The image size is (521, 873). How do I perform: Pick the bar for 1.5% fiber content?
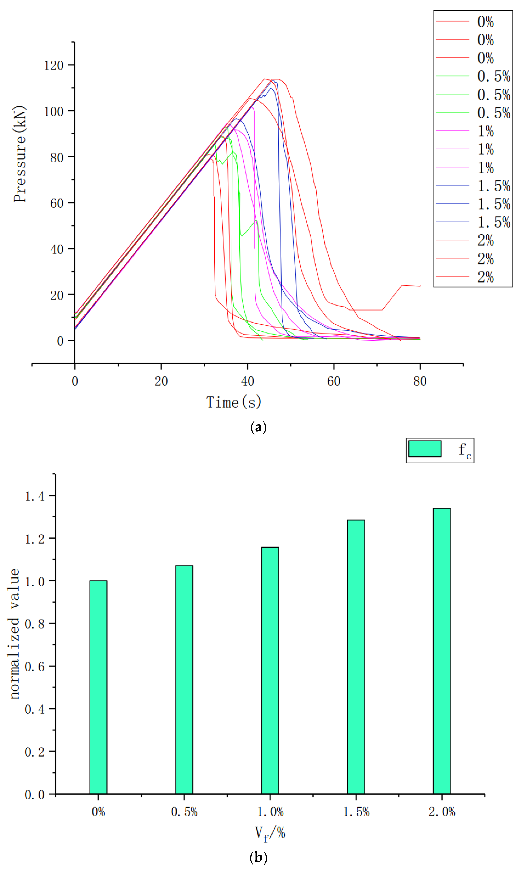[356, 657]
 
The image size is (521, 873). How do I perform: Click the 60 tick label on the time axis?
[333, 381]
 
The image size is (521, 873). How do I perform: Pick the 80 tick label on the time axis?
[420, 381]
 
